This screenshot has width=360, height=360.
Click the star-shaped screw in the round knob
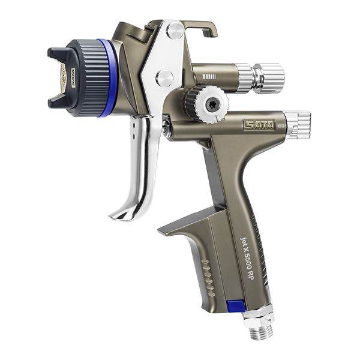210,103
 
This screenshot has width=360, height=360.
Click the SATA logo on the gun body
259,124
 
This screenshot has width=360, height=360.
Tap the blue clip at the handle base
236,306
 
